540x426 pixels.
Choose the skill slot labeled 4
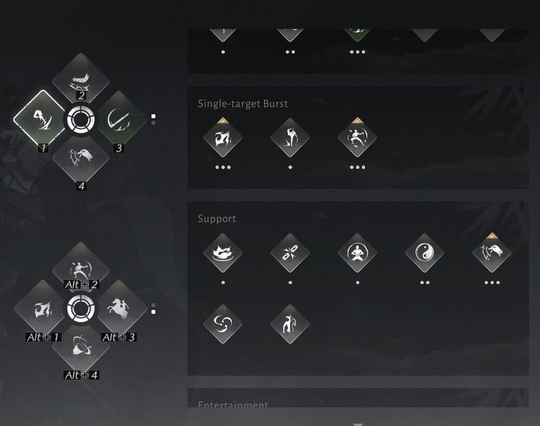(x=80, y=158)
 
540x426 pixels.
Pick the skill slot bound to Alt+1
(x=41, y=310)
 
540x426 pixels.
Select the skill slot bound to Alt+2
(x=80, y=269)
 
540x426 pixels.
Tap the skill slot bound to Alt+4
(x=80, y=350)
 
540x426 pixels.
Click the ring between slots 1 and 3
(x=79, y=119)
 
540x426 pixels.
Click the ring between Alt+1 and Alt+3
(x=79, y=309)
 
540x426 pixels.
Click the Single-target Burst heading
(x=243, y=104)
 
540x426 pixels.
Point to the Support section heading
(x=217, y=219)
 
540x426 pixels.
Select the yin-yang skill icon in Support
(x=424, y=253)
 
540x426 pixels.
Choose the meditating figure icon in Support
(x=357, y=253)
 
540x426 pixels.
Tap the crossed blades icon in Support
(x=290, y=253)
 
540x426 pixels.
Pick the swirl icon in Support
(x=222, y=324)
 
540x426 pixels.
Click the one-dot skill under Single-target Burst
(x=290, y=137)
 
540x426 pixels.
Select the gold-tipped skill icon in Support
(x=492, y=253)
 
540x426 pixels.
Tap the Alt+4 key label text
(x=81, y=375)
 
